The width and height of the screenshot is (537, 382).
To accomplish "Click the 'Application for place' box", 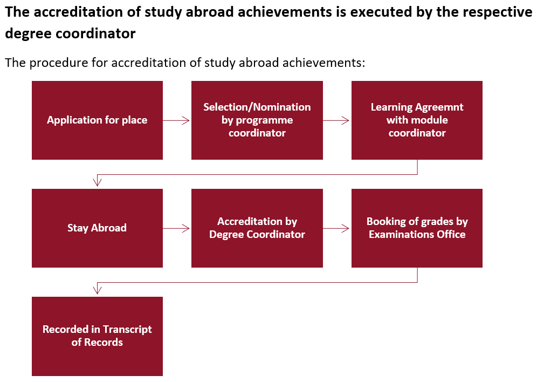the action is click(x=97, y=120).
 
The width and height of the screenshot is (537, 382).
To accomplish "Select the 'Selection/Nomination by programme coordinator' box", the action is click(x=257, y=120).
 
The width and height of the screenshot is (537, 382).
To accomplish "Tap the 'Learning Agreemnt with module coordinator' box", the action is click(x=417, y=120).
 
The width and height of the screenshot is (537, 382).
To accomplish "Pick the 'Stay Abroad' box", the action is click(x=97, y=228).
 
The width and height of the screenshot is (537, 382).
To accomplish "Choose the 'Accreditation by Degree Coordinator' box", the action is click(x=257, y=228).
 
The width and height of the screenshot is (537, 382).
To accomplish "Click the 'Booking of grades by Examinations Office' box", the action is click(x=417, y=228).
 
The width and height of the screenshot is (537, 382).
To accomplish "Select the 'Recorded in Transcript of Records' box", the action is click(x=97, y=337).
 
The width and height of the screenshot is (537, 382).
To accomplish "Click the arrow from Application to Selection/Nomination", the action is click(x=176, y=120).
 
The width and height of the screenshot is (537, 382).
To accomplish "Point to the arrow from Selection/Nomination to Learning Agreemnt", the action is click(x=336, y=120).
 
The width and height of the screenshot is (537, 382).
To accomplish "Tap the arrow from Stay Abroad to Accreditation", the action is click(x=176, y=229).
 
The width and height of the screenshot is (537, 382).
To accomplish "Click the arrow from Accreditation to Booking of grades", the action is click(x=336, y=229).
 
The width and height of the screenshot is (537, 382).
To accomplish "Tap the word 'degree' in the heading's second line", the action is click(x=28, y=34).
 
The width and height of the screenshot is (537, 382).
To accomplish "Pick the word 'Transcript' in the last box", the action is click(x=127, y=330).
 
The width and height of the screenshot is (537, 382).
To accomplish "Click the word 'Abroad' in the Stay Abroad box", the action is click(x=109, y=228).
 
